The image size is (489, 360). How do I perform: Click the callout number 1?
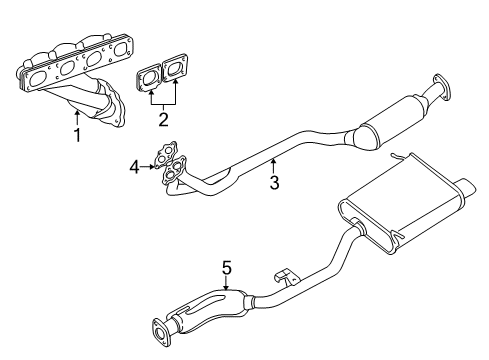click(x=77, y=135)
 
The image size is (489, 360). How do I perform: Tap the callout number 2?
click(x=163, y=119)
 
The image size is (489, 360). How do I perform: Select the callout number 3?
click(x=274, y=182)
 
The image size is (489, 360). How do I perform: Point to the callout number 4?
click(x=134, y=167)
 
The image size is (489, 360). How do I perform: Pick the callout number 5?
click(x=227, y=268)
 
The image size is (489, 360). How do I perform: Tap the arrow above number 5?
click(x=226, y=284)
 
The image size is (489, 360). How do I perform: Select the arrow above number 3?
click(x=274, y=166)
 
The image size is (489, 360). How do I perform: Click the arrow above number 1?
click(x=77, y=118)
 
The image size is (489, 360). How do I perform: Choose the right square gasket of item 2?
click(x=174, y=69)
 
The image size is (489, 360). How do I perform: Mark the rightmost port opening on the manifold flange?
click(x=120, y=50)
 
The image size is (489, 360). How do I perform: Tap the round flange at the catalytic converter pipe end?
click(x=441, y=88)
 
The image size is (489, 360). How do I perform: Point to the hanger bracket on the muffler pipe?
click(x=285, y=276)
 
